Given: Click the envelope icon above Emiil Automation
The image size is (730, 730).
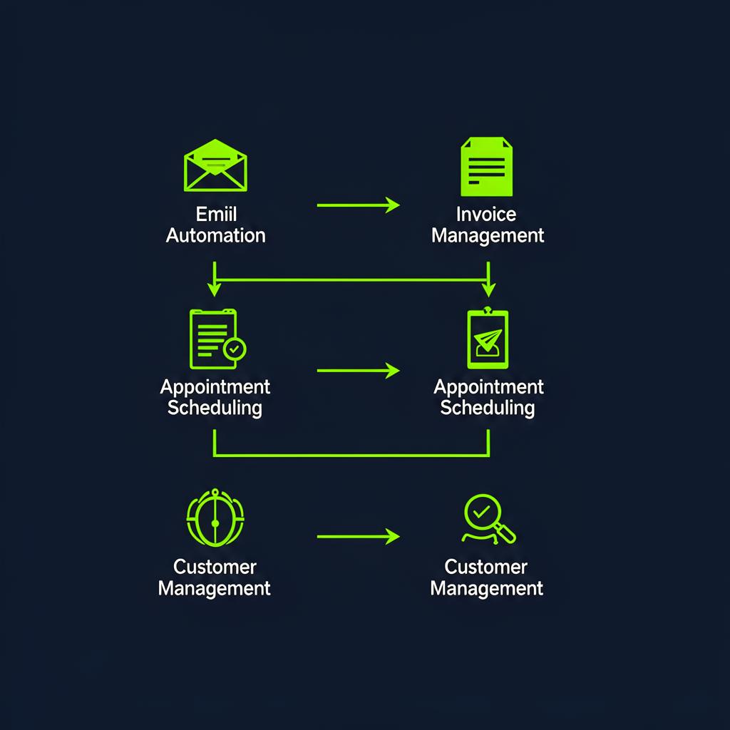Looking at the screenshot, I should pyautogui.click(x=215, y=165).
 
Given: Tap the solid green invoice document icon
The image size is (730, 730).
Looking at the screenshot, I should pyautogui.click(x=487, y=167).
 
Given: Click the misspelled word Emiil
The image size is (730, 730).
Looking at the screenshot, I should pyautogui.click(x=215, y=214).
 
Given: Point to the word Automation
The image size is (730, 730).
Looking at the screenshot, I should pyautogui.click(x=215, y=235).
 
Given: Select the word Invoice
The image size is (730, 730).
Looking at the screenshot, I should pyautogui.click(x=487, y=214).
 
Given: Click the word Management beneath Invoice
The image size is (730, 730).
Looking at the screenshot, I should pyautogui.click(x=488, y=235).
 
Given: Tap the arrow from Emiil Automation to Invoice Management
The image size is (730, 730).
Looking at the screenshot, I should pyautogui.click(x=358, y=205).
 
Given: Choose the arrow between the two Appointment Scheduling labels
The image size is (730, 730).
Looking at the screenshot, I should pyautogui.click(x=358, y=371).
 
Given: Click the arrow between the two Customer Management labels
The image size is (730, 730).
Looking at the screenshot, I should pyautogui.click(x=358, y=536).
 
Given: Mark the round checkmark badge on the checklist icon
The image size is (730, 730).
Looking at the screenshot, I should pyautogui.click(x=235, y=349).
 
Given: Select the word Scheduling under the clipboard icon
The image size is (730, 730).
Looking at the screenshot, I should pyautogui.click(x=488, y=408).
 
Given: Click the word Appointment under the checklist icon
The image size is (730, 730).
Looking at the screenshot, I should pyautogui.click(x=215, y=387).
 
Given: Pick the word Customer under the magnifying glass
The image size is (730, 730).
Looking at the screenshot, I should pyautogui.click(x=486, y=567).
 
